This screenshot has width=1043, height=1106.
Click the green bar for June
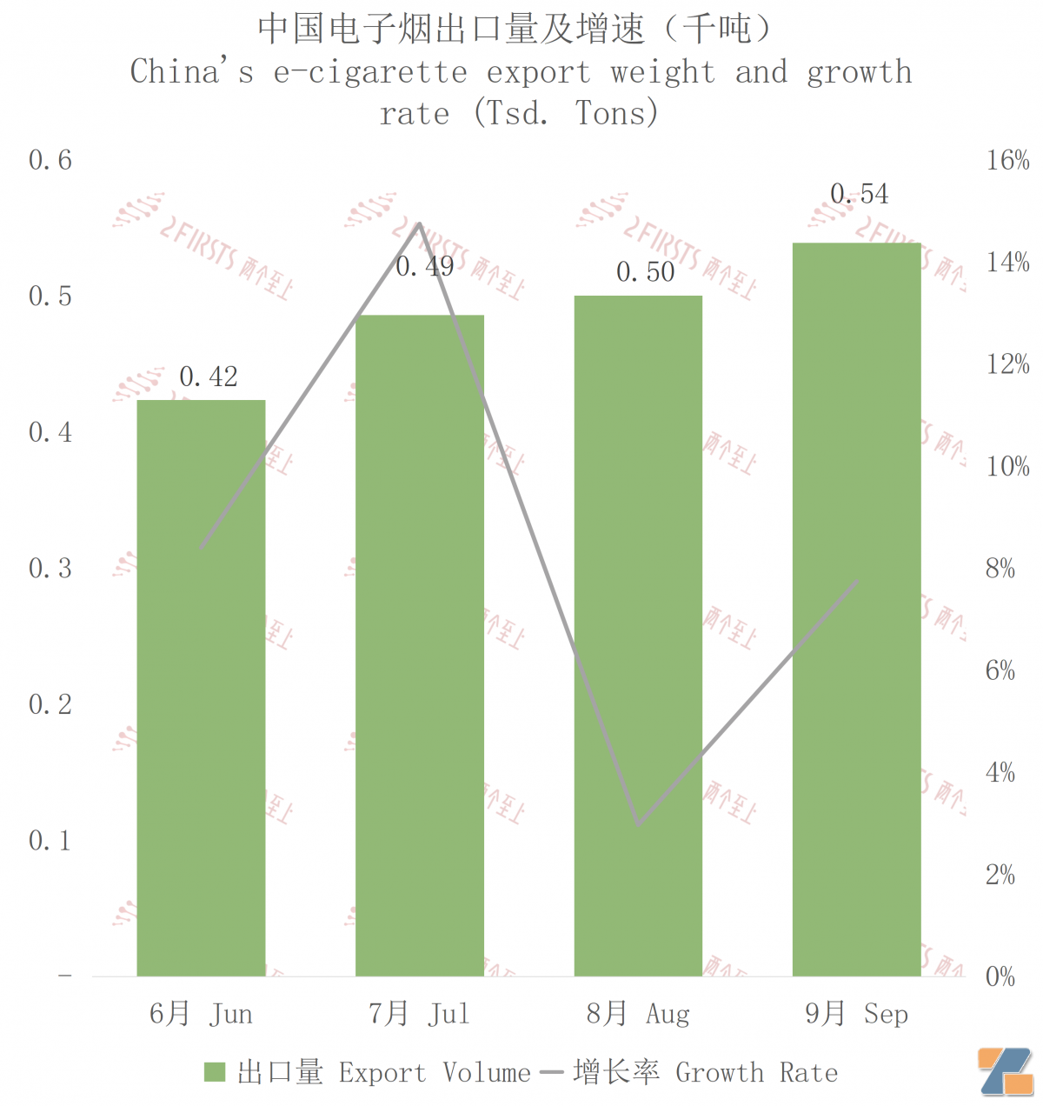click(x=201, y=687)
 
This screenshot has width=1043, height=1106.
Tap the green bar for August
click(x=638, y=635)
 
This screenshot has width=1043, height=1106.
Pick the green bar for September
click(x=857, y=609)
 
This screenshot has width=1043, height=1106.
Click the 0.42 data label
click(x=209, y=376)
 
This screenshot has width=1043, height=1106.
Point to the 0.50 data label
click(x=646, y=272)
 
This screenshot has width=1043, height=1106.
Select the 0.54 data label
click(x=860, y=194)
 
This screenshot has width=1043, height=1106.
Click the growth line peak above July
click(x=420, y=223)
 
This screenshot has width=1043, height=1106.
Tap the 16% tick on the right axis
click(x=1007, y=160)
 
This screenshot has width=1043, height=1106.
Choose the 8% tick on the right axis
click(x=1000, y=569)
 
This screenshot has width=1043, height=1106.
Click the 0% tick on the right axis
click(x=1000, y=976)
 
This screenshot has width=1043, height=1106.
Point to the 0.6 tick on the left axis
click(x=50, y=160)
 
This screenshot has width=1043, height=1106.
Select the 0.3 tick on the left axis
click(x=50, y=569)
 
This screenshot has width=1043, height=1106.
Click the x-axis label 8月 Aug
click(x=638, y=1014)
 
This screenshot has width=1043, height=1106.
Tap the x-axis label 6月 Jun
click(x=201, y=1014)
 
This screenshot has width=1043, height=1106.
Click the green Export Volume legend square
click(x=215, y=1073)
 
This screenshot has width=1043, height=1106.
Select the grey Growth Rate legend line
click(x=552, y=1073)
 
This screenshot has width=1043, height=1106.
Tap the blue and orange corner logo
click(x=1006, y=1071)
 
